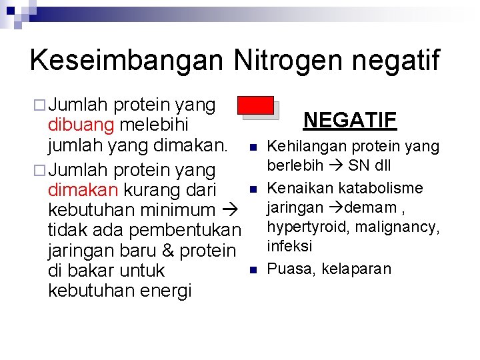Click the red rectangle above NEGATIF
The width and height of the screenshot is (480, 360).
click(257, 105)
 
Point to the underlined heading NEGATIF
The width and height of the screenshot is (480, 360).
click(350, 120)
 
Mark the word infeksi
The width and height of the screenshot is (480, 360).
click(290, 247)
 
